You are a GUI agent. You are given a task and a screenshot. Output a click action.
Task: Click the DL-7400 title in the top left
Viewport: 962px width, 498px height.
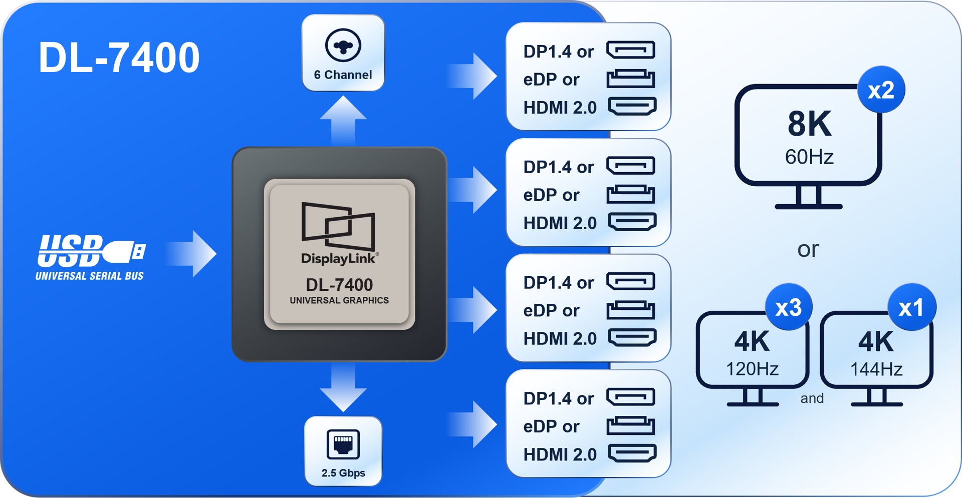coord(119,58)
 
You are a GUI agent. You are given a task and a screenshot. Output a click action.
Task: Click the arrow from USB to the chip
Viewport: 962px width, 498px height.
coord(191,254)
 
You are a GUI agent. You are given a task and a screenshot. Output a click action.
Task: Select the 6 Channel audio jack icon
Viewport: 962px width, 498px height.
coord(343,46)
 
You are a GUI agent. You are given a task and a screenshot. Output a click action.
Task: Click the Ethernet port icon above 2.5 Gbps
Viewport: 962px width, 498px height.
coord(343,444)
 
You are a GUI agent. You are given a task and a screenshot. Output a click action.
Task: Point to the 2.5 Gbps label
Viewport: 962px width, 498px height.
coord(343,473)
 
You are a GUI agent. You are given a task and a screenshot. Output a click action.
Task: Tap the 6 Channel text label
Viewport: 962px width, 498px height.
coord(343,75)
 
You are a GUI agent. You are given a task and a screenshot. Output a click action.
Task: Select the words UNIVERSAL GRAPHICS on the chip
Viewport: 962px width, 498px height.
coord(339,300)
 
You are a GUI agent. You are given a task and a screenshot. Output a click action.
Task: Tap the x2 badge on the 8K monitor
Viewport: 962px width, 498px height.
coord(881,90)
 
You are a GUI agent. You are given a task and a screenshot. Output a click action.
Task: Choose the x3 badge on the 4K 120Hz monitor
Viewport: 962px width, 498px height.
coord(789,307)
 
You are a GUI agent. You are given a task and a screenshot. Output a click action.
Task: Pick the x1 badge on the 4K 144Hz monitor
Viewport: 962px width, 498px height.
coord(911,307)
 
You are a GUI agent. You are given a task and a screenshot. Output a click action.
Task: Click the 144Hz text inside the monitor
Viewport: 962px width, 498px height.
coord(876,369)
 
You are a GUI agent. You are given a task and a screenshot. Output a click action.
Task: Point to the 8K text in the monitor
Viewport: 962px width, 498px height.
coord(809,124)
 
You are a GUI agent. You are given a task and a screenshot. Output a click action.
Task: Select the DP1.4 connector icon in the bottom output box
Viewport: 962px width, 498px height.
coord(631,397)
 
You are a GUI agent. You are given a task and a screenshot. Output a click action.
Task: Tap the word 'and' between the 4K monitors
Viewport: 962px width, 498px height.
coord(812,398)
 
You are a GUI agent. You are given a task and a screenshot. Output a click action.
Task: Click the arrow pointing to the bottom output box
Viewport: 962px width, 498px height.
coord(472,424)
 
